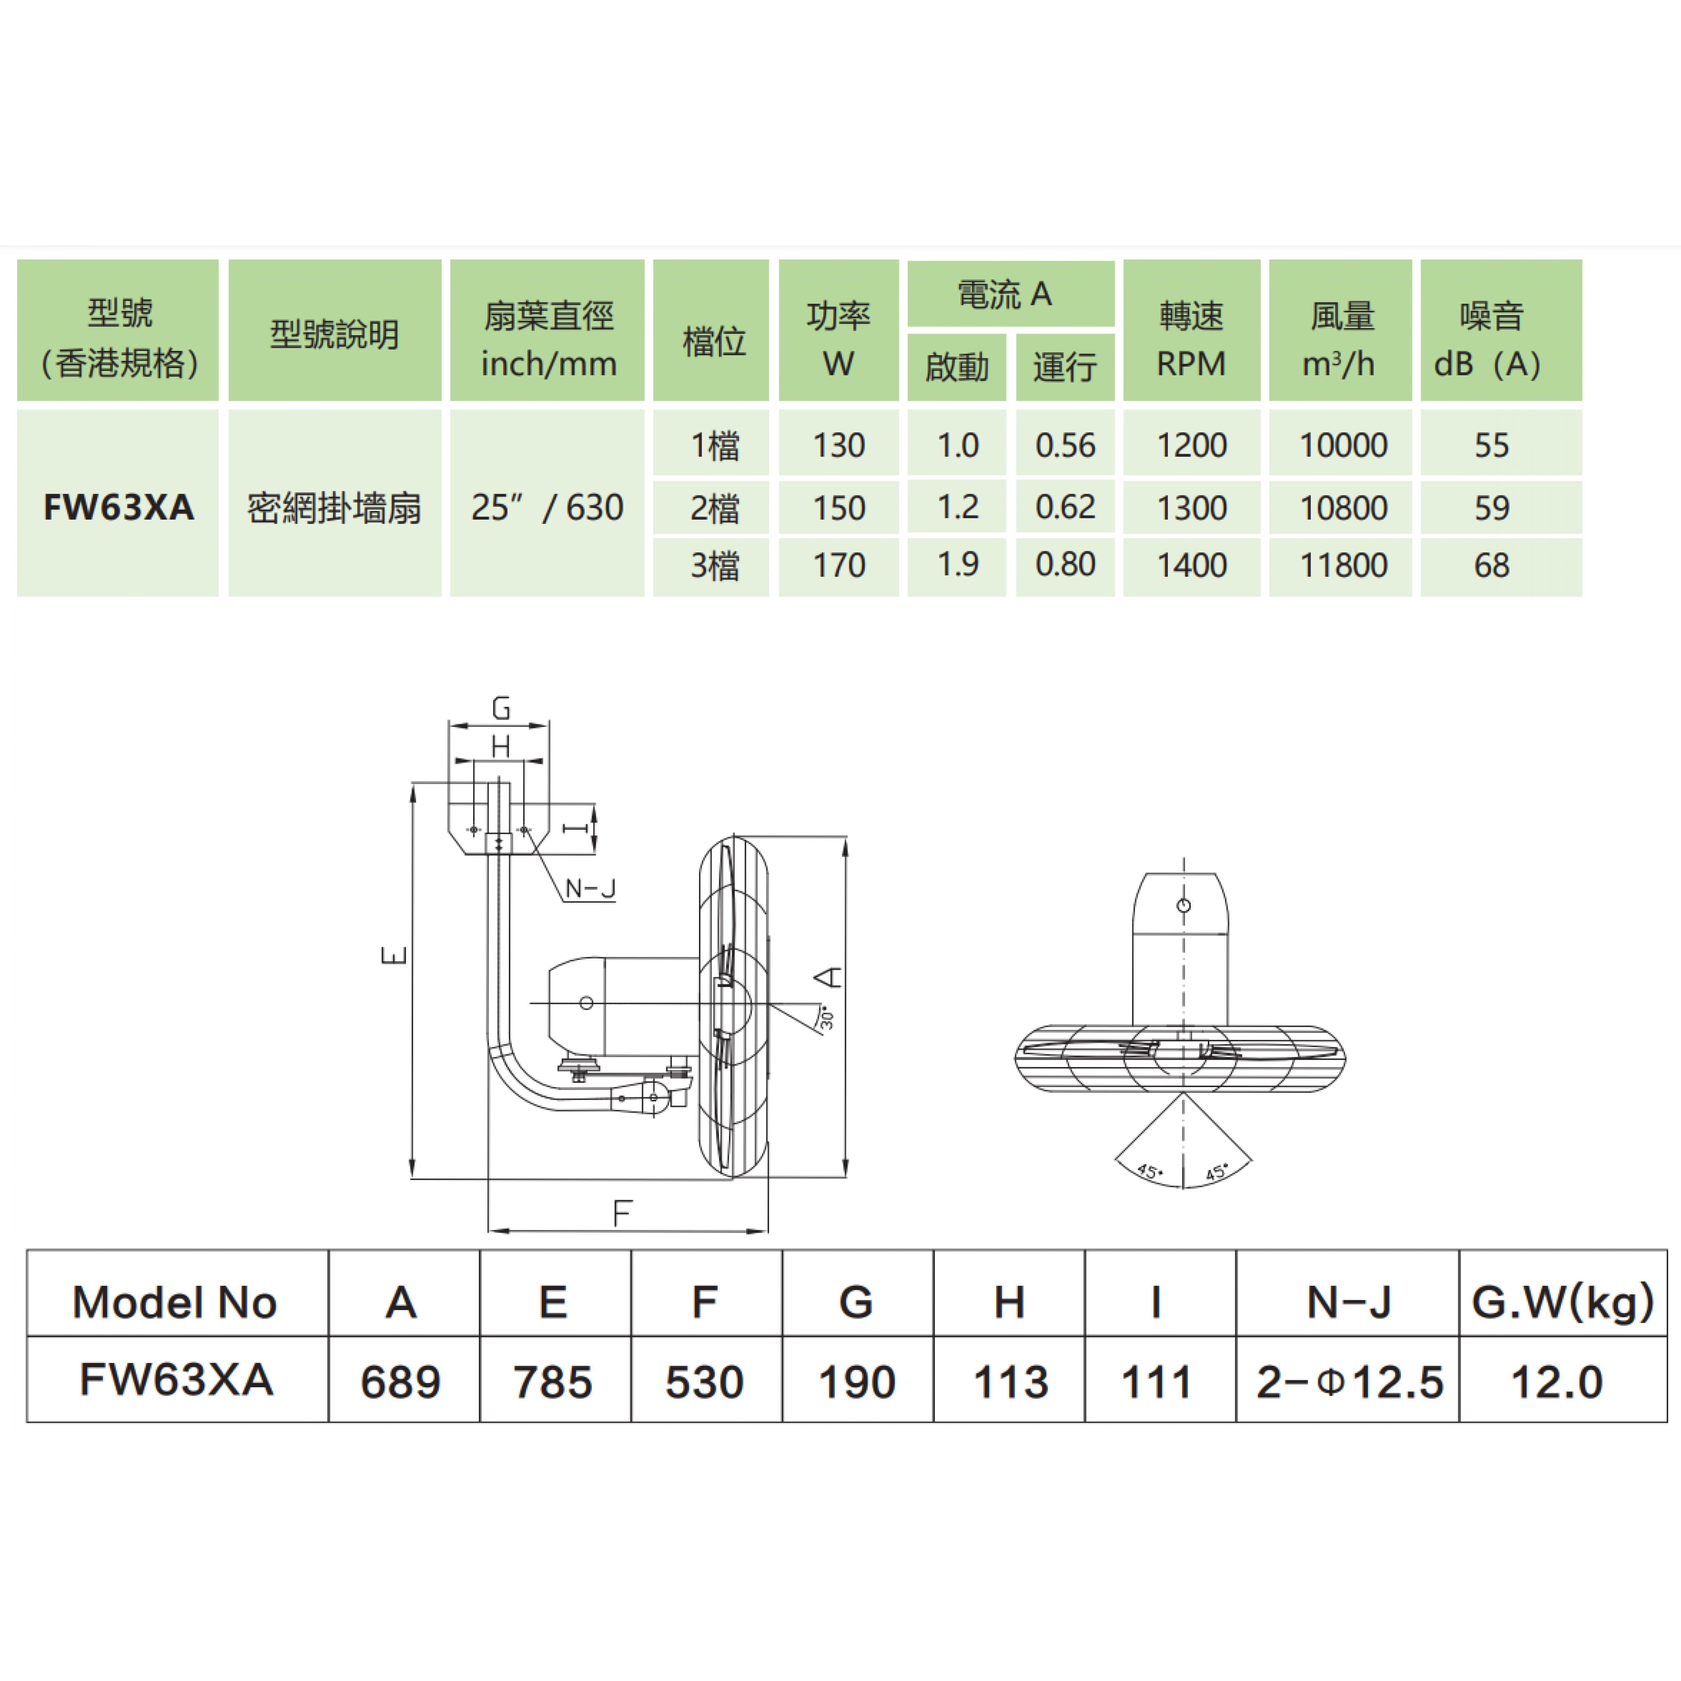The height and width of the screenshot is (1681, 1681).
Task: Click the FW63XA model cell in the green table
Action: pyautogui.click(x=118, y=507)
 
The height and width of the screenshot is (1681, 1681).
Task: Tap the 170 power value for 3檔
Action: pyautogui.click(x=839, y=566)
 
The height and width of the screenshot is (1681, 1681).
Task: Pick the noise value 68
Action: pyautogui.click(x=1491, y=566)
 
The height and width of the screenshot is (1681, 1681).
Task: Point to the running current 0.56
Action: pyautogui.click(x=1065, y=445)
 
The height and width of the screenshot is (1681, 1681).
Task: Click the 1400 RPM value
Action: pyautogui.click(x=1191, y=566)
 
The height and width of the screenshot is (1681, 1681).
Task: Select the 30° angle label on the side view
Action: pyautogui.click(x=826, y=1017)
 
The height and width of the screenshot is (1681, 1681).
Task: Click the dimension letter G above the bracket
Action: pyautogui.click(x=501, y=709)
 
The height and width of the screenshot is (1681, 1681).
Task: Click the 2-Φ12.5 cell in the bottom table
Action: pyautogui.click(x=1349, y=1382)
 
